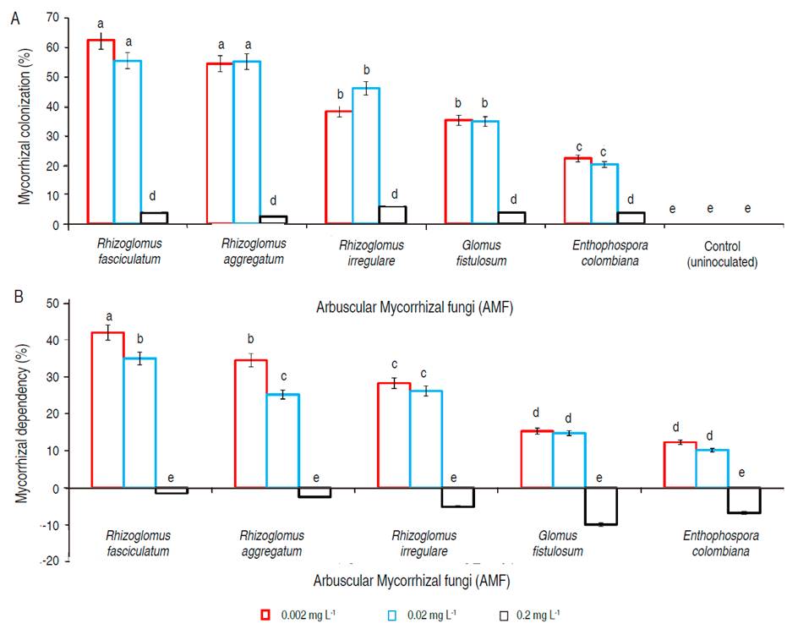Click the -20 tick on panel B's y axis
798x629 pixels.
click(x=61, y=561)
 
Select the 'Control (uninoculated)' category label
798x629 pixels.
click(x=722, y=253)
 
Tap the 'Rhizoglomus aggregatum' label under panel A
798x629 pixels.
click(x=253, y=253)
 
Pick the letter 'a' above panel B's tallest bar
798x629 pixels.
click(x=108, y=316)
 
